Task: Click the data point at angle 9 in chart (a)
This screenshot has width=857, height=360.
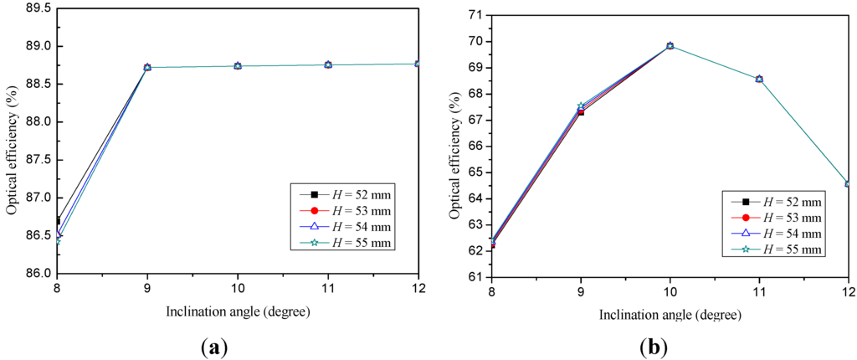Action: click(x=147, y=67)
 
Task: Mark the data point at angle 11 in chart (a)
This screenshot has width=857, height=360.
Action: click(x=328, y=64)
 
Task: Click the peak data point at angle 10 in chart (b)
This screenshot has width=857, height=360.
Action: click(x=670, y=45)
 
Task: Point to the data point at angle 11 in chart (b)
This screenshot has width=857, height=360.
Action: click(x=759, y=79)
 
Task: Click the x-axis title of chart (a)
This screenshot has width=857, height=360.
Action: click(x=238, y=312)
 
